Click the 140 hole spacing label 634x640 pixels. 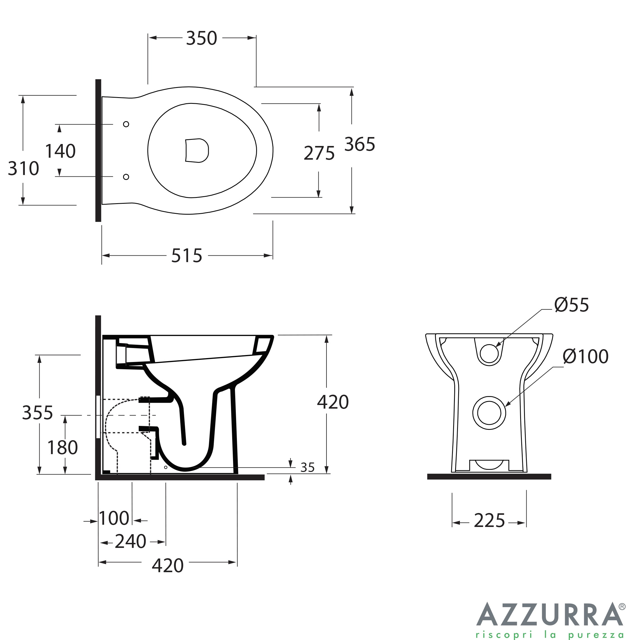tap(60, 151)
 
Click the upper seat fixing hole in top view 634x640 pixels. tap(126, 124)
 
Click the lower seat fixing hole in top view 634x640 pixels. tap(126, 177)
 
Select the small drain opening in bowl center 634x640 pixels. tap(197, 151)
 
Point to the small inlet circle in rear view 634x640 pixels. tap(489, 353)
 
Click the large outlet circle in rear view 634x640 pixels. tap(489, 413)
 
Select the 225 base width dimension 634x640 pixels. tap(489, 521)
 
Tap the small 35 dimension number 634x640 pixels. tap(307, 468)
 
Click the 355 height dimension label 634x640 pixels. tap(37, 413)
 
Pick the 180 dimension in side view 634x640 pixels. tap(62, 447)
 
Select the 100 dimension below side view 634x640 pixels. tap(114, 518)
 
